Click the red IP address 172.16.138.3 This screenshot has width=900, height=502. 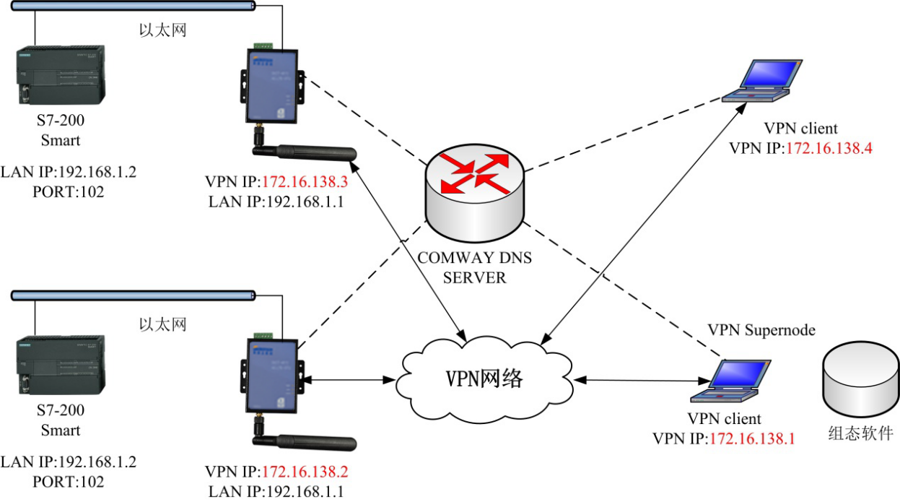pos(305,182)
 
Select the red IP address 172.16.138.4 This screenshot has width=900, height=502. pos(829,148)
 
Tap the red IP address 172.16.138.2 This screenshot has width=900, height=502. pos(305,472)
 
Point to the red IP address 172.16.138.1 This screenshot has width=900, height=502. pos(753,438)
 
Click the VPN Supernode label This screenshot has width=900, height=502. pos(761,330)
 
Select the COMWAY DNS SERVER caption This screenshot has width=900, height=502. pos(474,267)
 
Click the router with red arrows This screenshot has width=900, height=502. pos(474,193)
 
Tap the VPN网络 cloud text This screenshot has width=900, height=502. pos(484,378)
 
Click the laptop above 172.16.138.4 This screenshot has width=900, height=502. pos(762,81)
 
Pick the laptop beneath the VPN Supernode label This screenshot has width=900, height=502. pos(730,381)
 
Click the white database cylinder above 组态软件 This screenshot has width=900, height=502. pos(860,380)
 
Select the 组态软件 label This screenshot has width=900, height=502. pos(860,433)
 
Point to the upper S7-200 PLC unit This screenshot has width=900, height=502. pos(61,75)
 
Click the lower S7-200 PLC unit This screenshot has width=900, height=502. pos(61,365)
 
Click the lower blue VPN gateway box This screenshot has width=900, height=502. pos(272,376)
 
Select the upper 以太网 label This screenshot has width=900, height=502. pos(162,30)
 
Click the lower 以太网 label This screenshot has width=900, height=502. pos(162,324)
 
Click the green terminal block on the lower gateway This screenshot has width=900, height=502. pos(263,335)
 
